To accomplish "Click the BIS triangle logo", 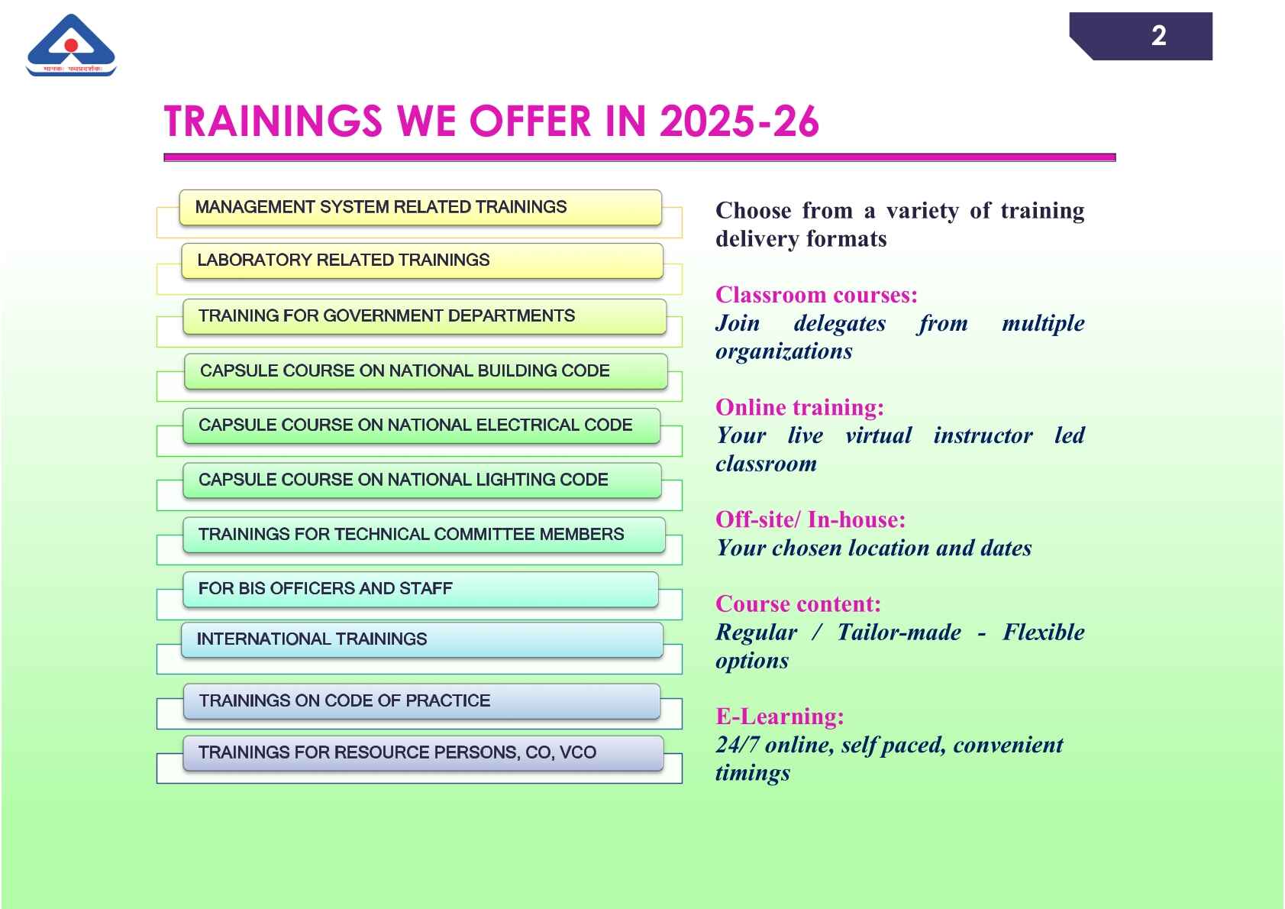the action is coord(71,45).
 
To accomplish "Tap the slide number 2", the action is coord(1158,36).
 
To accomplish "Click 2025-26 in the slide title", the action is coord(739,121).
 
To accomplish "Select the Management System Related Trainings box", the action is coord(421,207).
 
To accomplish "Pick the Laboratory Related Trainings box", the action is coord(422,260).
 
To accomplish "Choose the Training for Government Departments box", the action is coord(425,316).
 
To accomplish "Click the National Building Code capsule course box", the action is coord(425,371).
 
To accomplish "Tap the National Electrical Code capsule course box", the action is coord(421,425).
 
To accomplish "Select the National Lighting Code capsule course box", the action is coord(422,480).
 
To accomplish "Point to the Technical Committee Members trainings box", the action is coord(424,535).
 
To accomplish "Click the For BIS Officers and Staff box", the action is coord(421,590).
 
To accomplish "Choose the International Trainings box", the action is coord(422,640).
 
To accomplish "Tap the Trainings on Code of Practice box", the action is coord(421,701).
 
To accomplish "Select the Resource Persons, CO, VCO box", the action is coord(423,753).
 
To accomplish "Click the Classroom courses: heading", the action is coord(816,295).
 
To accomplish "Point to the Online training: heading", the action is coord(799,407).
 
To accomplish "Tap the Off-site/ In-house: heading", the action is coord(811,520).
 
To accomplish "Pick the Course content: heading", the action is coord(798,604).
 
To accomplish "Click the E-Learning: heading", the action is coord(780,717).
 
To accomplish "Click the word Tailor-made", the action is coord(899,632).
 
